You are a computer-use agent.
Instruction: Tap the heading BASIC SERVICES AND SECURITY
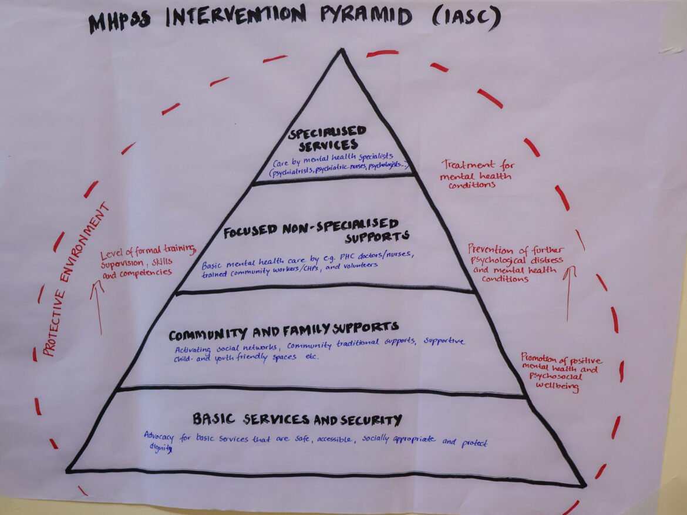pos(297,419)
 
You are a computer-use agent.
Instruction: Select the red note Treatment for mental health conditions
pos(477,175)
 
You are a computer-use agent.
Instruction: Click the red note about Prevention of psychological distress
pos(514,262)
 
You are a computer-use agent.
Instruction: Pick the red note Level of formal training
pos(144,261)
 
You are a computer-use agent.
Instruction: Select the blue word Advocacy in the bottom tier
pos(161,436)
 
